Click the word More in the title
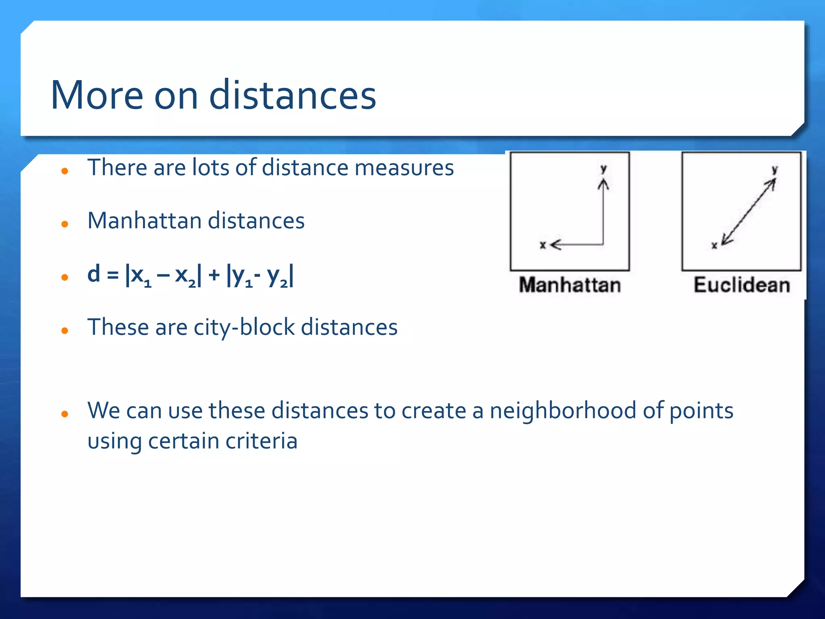point(97,96)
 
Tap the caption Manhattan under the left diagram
point(570,285)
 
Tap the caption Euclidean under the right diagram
point(742,285)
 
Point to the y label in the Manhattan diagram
point(603,169)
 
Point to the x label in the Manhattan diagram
point(543,245)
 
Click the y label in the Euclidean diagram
point(774,170)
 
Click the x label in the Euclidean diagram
point(714,245)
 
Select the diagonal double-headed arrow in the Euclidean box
point(748,212)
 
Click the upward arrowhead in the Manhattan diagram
point(603,184)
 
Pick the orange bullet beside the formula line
point(65,277)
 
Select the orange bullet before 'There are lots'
point(65,171)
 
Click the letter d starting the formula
point(94,274)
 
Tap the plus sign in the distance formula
point(214,275)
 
